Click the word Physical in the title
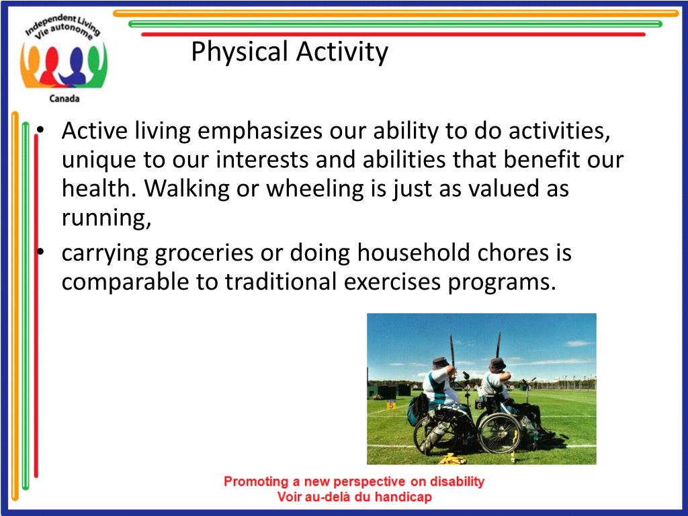239,52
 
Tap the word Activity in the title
342,52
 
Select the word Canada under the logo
64,99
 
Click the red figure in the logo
49,66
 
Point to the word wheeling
315,189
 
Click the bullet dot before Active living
40,130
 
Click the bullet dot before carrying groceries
40,252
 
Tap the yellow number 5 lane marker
391,405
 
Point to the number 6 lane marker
479,404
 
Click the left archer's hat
441,363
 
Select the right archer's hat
498,363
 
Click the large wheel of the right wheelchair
499,433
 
